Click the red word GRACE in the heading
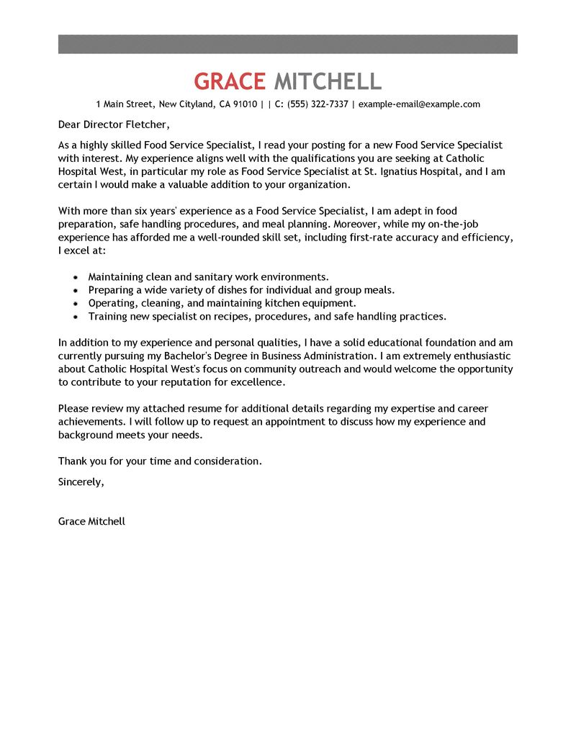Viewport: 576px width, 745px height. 230,81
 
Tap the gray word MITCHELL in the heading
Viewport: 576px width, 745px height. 328,81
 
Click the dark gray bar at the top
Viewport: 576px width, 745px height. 288,44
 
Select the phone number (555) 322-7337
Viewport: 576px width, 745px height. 318,104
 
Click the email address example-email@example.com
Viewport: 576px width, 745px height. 419,104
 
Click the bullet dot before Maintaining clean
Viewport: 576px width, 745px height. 76,277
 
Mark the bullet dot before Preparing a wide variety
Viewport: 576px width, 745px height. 76,290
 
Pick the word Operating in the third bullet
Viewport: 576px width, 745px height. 112,303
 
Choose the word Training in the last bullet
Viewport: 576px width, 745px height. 108,316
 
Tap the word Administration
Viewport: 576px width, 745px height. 339,356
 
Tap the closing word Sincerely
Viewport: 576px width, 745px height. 81,482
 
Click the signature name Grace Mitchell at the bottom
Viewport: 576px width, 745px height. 91,520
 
